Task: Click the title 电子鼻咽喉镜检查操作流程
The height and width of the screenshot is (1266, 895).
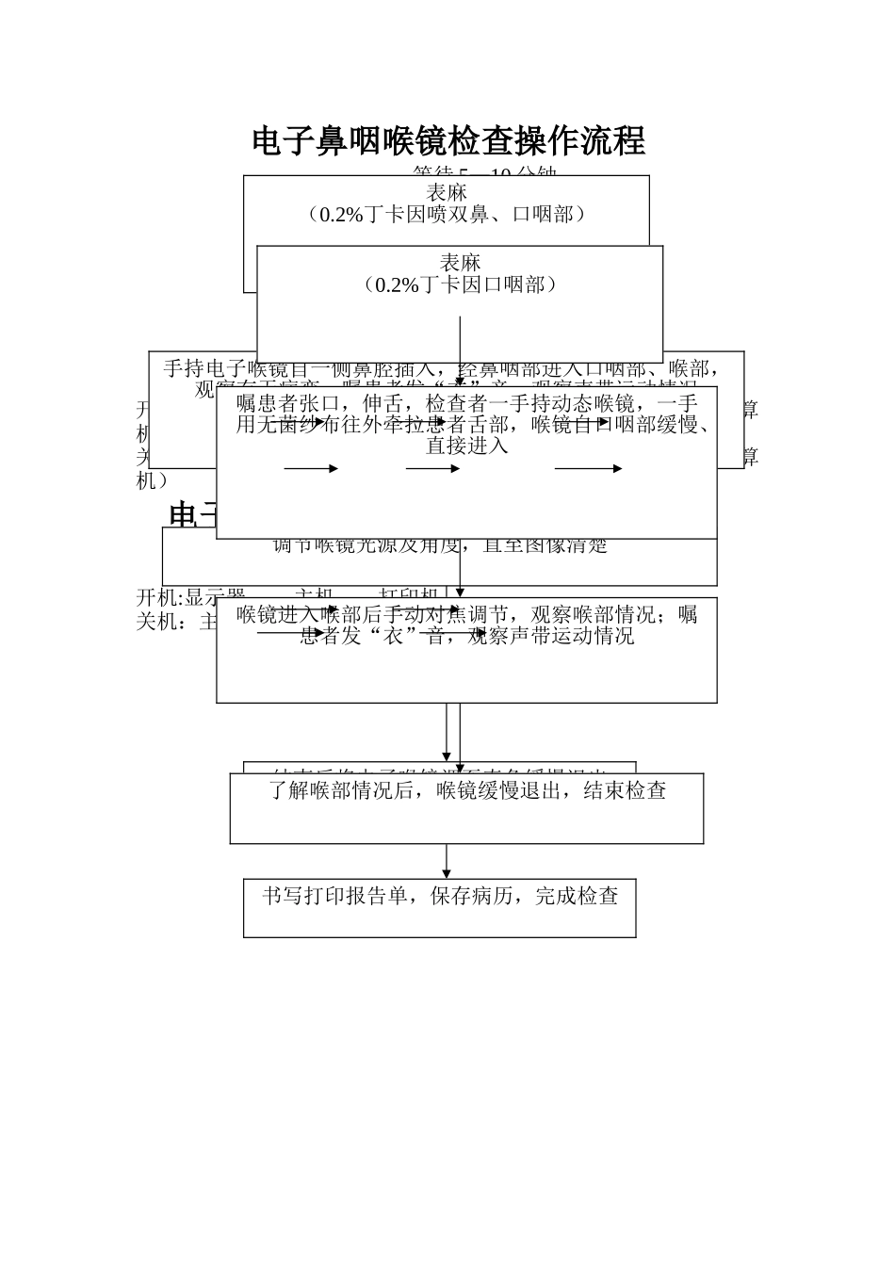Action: pos(448,141)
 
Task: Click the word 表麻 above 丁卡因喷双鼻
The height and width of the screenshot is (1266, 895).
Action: pos(447,192)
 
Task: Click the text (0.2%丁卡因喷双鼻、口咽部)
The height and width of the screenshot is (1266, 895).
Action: pos(447,215)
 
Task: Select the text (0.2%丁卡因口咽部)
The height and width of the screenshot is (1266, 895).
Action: pos(461,284)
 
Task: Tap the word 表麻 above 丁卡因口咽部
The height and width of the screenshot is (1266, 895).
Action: pos(461,262)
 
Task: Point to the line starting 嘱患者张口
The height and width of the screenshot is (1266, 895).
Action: pos(466,404)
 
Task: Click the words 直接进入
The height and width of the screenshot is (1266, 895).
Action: pos(466,446)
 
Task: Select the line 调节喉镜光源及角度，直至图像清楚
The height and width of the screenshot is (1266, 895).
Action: pos(440,545)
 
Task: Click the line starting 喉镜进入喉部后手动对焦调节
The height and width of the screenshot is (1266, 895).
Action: pos(466,615)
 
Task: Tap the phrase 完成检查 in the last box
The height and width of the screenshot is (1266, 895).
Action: pos(577,896)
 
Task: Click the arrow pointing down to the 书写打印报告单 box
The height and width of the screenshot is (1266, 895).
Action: pos(447,863)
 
